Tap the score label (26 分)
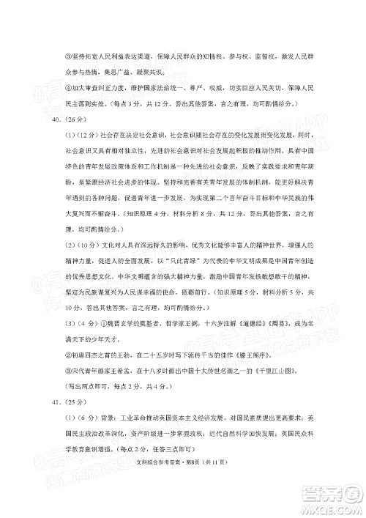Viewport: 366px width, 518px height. [57, 121]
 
